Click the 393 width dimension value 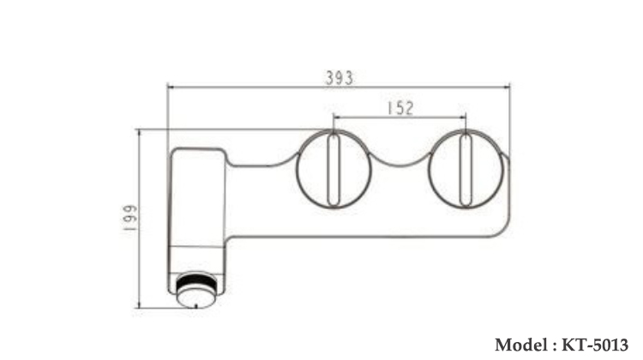click(339, 77)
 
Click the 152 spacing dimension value click(400, 108)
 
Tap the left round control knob click(334, 168)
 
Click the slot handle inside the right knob click(464, 168)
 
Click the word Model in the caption click(520, 344)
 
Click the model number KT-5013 click(596, 344)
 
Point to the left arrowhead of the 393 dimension click(171, 86)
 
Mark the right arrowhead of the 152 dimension click(461, 117)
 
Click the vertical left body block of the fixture click(198, 206)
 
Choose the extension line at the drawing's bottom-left click(159, 307)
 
